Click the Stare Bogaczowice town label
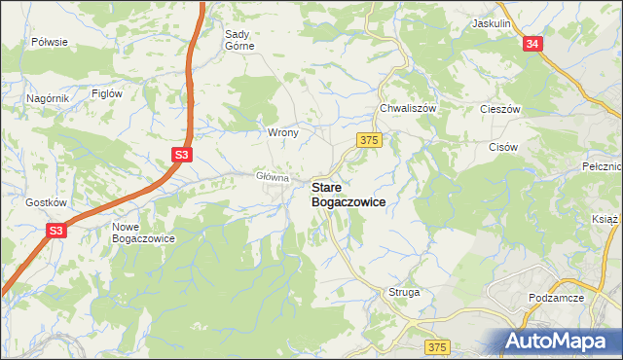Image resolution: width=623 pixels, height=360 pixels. [x=348, y=193]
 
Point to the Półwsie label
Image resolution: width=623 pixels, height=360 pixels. [x=49, y=42]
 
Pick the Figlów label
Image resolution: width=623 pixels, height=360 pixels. [x=105, y=93]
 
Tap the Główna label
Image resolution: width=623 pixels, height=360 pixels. [x=273, y=177]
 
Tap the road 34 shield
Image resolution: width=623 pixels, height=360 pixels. [x=531, y=45]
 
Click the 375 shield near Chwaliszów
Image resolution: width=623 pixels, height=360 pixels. [x=368, y=141]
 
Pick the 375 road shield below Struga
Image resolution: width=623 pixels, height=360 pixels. [x=438, y=347]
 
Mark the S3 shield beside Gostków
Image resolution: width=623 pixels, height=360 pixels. [x=56, y=231]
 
